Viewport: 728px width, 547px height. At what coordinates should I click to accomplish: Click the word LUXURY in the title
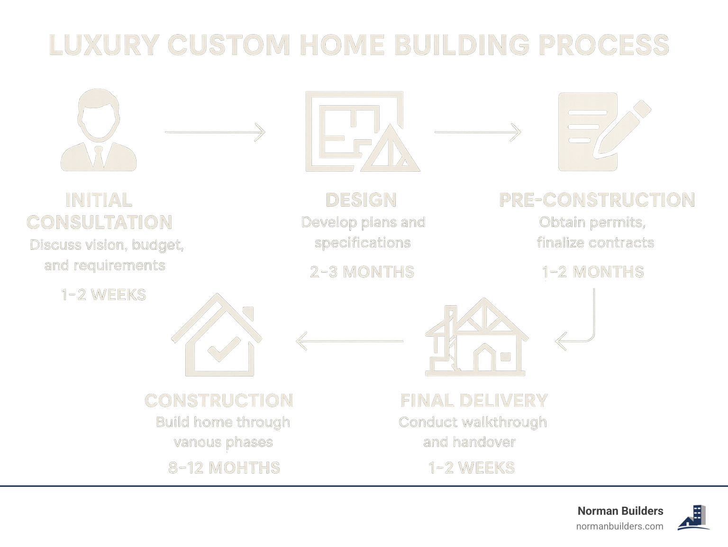104,46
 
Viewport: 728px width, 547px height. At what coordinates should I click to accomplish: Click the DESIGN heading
361,200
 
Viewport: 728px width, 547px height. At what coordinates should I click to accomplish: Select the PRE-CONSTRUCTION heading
597,200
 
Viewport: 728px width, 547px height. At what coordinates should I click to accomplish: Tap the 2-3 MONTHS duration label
362,272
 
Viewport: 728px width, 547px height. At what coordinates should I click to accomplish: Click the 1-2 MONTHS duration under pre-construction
593,272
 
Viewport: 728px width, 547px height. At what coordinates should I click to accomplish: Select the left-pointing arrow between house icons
349,341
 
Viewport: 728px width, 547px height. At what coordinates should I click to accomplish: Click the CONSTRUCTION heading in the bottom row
219,401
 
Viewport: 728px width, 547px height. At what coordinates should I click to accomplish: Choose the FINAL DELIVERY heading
474,401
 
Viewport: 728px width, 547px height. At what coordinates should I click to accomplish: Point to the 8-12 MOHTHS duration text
224,468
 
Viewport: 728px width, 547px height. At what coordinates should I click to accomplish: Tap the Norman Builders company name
620,511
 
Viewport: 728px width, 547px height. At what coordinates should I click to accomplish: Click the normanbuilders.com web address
619,526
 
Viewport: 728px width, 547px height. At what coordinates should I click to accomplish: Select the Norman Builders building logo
694,518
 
